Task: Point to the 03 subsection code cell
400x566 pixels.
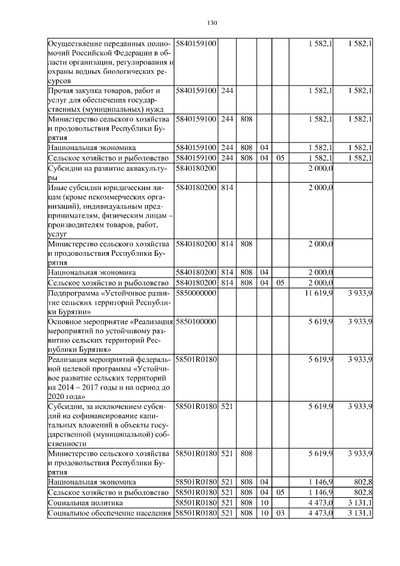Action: click(280, 513)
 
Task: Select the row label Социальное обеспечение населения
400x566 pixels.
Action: click(109, 513)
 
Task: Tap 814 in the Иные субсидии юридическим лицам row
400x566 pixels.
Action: click(227, 186)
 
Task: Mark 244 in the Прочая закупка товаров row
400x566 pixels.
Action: click(227, 91)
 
